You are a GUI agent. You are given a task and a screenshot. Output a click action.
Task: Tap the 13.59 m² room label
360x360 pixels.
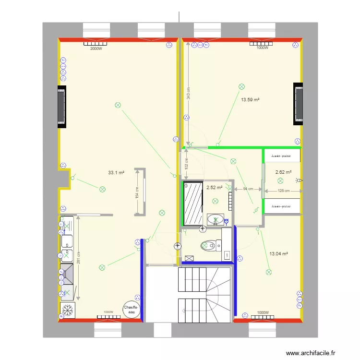[250, 100]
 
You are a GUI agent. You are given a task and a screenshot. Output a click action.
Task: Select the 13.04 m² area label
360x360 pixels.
[278, 253]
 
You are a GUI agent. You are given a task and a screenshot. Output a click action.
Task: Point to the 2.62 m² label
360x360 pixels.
[283, 171]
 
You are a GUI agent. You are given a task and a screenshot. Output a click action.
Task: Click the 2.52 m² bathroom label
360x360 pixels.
[215, 187]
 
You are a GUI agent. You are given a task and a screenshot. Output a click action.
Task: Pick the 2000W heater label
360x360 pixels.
[96, 48]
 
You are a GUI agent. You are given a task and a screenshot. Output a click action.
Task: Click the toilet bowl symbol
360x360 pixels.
[207, 245]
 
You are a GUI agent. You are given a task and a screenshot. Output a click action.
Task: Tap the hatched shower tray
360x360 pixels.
[193, 203]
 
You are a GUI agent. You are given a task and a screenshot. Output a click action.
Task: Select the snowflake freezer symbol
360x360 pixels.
[68, 311]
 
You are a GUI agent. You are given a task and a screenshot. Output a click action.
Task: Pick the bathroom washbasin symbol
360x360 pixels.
[216, 220]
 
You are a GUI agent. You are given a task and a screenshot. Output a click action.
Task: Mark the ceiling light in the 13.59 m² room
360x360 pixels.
[241, 86]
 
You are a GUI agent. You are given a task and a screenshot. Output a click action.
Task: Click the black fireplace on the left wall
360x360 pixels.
[62, 106]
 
